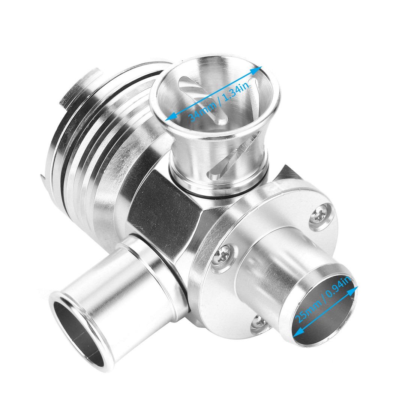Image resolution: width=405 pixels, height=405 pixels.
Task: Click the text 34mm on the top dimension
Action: tap(198, 111)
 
